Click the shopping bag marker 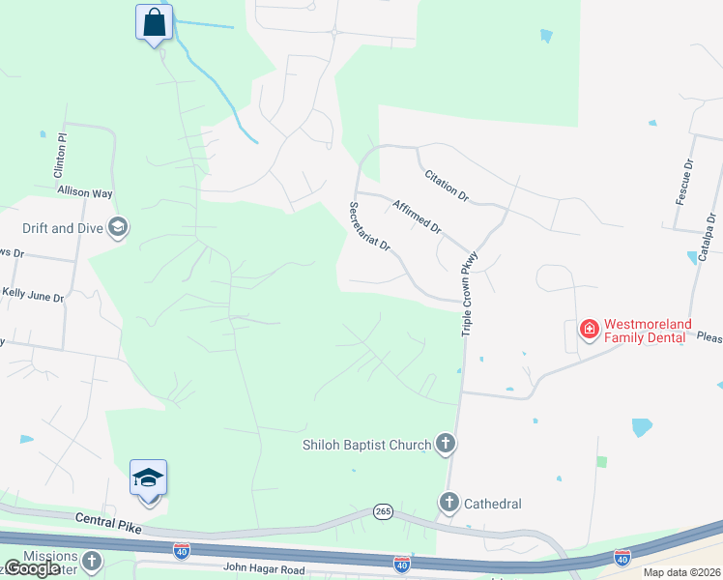(x=154, y=22)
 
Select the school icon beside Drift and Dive (x=119, y=228)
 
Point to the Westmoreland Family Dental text (x=645, y=331)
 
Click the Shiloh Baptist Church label (x=366, y=445)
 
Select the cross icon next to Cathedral (x=448, y=503)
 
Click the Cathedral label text (x=493, y=504)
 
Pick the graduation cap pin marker (x=149, y=479)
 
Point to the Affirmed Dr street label (x=417, y=217)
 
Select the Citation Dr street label (x=447, y=186)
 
